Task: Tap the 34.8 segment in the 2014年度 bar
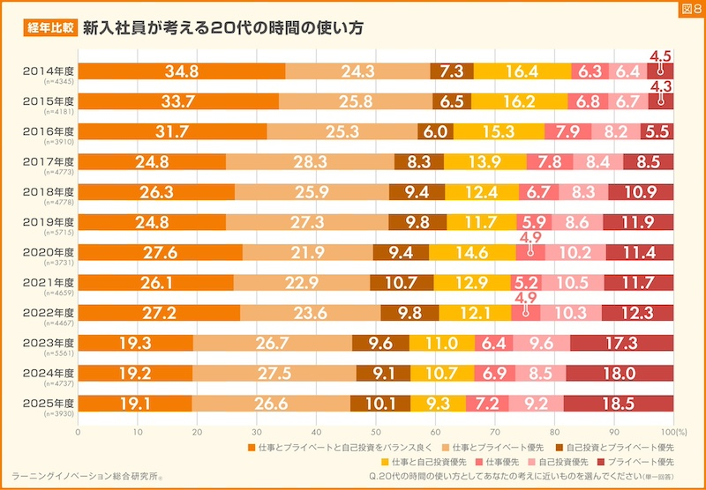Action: pos(181,71)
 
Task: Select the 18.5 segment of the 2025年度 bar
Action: pos(619,403)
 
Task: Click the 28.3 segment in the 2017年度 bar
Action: pos(311,161)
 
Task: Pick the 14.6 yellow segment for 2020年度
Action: pos(472,252)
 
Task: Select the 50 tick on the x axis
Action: pos(376,432)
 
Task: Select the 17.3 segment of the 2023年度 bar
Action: pos(621,343)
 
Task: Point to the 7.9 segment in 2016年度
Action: pos(567,131)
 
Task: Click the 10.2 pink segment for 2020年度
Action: pos(575,252)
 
